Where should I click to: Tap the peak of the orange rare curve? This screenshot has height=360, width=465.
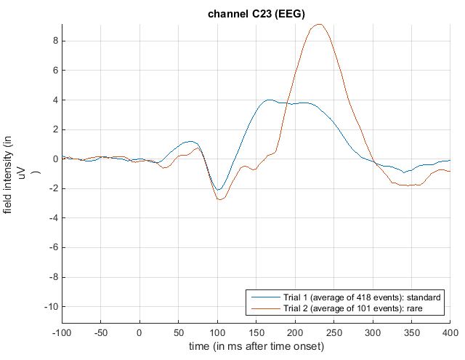319,24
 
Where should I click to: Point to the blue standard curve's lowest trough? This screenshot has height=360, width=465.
218,190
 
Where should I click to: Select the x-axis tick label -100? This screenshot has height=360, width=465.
62,332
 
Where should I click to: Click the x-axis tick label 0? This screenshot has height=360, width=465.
139,332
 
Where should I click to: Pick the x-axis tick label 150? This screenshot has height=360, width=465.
256,332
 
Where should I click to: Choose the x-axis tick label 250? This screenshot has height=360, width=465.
334,332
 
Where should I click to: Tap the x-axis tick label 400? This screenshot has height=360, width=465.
450,332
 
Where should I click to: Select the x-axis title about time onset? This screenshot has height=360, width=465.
256,346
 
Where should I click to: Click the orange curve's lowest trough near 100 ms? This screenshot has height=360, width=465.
220,199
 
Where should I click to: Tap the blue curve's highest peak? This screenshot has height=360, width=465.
270,100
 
